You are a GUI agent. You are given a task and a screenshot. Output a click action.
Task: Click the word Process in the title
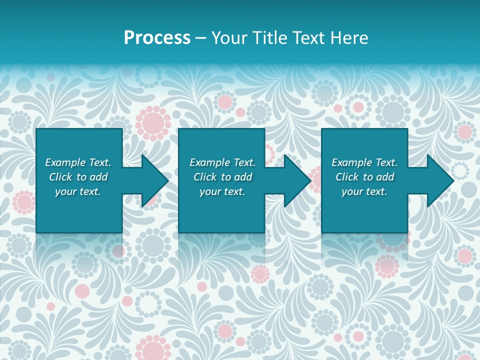coord(157,38)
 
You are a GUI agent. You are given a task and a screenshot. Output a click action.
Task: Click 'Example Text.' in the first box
coord(78,162)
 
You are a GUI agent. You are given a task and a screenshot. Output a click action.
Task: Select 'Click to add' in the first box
coord(78,177)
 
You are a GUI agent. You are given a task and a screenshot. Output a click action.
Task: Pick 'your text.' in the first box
coord(78,191)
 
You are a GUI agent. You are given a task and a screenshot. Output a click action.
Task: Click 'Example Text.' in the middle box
coord(222,162)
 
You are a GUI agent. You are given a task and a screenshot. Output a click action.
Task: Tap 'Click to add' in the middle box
coord(222,177)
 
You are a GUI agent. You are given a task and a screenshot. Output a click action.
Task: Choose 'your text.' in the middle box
coord(222,191)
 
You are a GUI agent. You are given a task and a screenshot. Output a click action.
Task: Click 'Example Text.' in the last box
coord(364,162)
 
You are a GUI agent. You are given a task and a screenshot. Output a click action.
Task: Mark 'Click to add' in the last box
coord(364,177)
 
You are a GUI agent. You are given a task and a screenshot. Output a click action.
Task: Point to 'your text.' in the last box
coord(364,191)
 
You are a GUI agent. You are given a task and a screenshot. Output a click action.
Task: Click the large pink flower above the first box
coord(153,121)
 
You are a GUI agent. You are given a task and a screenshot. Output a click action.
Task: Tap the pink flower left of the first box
coord(23,202)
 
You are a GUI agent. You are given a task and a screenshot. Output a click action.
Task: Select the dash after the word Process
coord(201,38)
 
